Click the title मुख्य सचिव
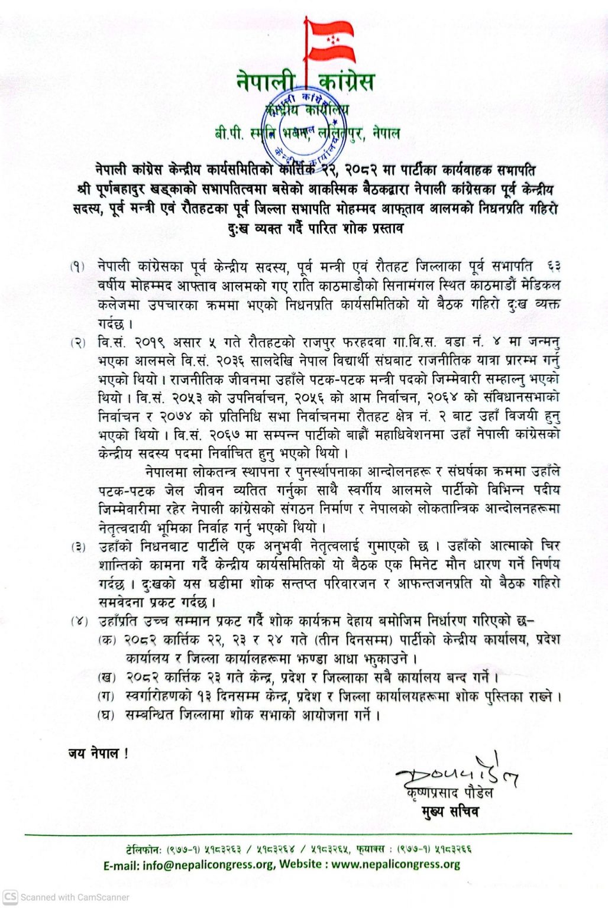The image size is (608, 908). pyautogui.click(x=451, y=812)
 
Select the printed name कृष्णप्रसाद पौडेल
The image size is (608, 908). pyautogui.click(x=450, y=793)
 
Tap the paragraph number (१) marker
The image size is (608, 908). pyautogui.click(x=78, y=267)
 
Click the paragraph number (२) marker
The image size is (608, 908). pyautogui.click(x=78, y=342)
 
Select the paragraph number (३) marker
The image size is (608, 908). pyautogui.click(x=78, y=546)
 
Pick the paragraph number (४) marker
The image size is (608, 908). pyautogui.click(x=78, y=622)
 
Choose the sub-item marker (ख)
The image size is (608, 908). pyautogui.click(x=106, y=677)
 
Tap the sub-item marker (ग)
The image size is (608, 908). pyautogui.click(x=106, y=696)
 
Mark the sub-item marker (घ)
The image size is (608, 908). pyautogui.click(x=106, y=715)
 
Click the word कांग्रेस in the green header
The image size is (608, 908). pyautogui.click(x=346, y=81)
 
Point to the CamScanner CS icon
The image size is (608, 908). pyautogui.click(x=10, y=897)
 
